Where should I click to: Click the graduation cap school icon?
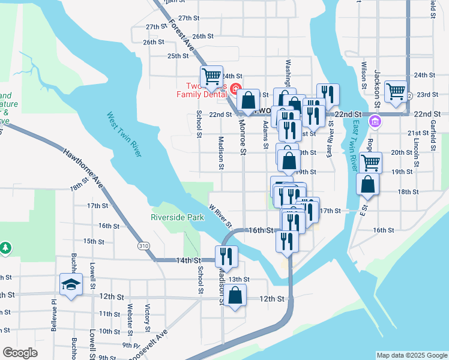pyautogui.click(x=71, y=283)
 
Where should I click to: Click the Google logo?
pyautogui.click(x=20, y=352)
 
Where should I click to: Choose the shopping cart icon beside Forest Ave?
pyautogui.click(x=211, y=76)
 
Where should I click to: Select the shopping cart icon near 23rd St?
pyautogui.click(x=396, y=91)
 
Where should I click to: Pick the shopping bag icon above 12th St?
pyautogui.click(x=237, y=295)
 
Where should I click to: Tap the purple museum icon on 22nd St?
pyautogui.click(x=376, y=122)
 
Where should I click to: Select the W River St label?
pyautogui.click(x=220, y=217)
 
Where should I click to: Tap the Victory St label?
pyautogui.click(x=147, y=318)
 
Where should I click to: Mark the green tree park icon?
pyautogui.click(x=5, y=247)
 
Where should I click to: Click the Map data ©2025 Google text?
pyautogui.click(x=411, y=355)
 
